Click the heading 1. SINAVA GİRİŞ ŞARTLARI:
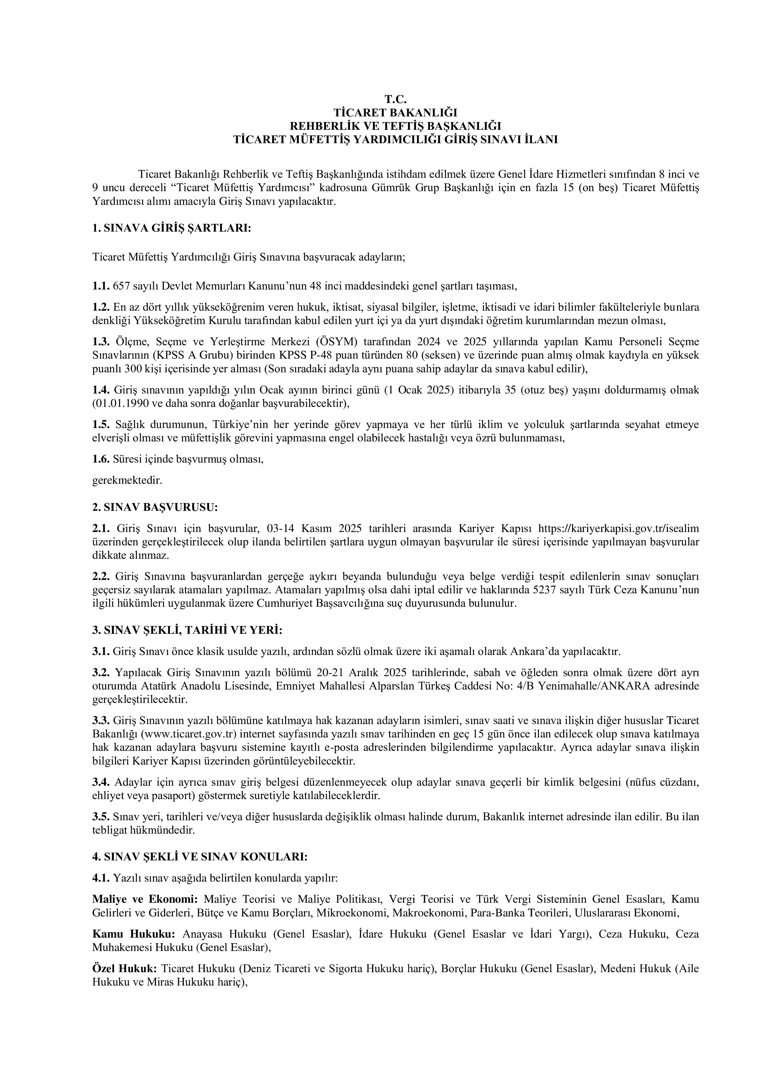click(171, 228)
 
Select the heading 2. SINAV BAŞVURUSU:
click(155, 507)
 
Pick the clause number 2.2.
click(100, 577)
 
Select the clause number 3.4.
click(100, 782)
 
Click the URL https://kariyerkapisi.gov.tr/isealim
click(618, 528)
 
